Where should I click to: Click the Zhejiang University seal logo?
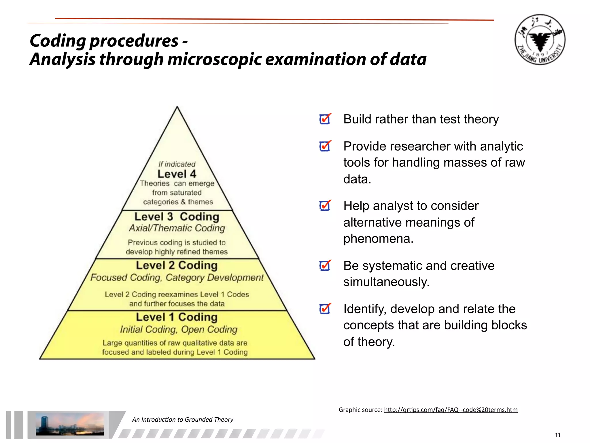pos(540,40)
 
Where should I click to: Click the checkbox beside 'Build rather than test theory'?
pos(325,119)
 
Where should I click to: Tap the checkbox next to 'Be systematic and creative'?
pos(325,265)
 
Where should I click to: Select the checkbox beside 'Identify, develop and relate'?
pos(325,309)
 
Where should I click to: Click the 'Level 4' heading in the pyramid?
pos(177,174)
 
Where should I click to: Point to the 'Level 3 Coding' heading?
pos(177,217)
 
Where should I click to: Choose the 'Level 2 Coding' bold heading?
pos(177,265)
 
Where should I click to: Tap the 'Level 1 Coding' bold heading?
pos(177,317)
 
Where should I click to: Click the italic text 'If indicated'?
pos(177,164)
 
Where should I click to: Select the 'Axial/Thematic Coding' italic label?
pos(177,228)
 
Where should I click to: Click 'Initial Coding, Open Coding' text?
pos(179,329)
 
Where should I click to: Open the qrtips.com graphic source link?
pos(451,410)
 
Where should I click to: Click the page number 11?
pos(557,435)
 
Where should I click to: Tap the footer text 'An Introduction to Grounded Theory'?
pos(183,420)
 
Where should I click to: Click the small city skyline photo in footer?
pos(69,424)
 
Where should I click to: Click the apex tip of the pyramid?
pos(177,108)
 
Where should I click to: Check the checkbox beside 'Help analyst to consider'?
pos(325,205)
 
